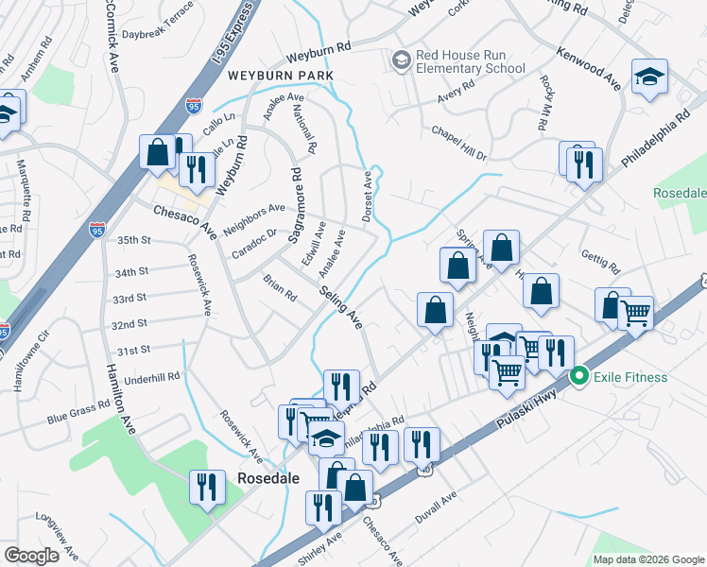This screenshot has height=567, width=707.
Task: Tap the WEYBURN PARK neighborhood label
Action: tap(294, 75)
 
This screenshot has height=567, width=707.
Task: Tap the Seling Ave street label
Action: tap(340, 308)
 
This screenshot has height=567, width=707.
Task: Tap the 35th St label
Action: tap(133, 241)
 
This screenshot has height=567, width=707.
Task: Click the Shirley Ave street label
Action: tap(320, 549)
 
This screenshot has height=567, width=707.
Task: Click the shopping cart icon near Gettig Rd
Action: tap(635, 311)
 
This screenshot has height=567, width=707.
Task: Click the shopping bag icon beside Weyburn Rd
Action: tap(158, 151)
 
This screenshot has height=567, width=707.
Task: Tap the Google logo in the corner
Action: tap(31, 556)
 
